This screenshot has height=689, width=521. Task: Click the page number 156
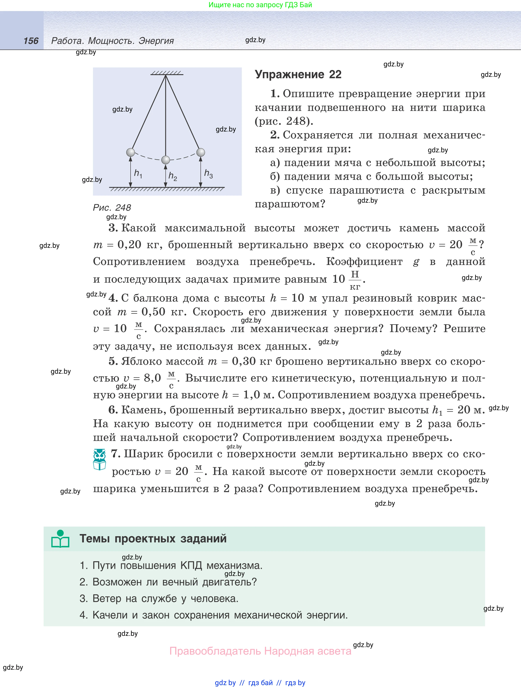[31, 41]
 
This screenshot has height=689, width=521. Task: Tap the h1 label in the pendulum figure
[138, 173]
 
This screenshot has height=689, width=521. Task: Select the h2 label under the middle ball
[173, 176]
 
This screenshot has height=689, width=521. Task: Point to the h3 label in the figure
[208, 173]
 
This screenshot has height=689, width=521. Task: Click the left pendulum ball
[131, 152]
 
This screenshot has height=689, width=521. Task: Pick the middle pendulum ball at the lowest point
[166, 160]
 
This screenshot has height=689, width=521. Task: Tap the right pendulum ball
[201, 152]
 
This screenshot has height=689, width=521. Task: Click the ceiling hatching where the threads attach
[166, 73]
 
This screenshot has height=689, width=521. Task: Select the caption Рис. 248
[112, 208]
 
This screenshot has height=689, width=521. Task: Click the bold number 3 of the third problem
[113, 228]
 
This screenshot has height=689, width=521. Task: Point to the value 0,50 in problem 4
[153, 312]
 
